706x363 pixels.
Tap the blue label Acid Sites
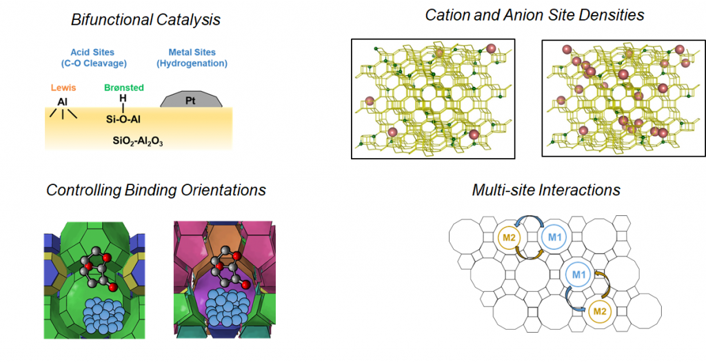point(94,52)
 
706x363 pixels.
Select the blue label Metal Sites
point(192,52)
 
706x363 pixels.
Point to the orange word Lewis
point(63,88)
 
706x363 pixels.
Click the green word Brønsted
point(124,88)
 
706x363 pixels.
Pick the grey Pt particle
point(192,99)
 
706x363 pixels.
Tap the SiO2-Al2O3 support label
point(138,141)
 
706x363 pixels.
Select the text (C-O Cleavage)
point(94,63)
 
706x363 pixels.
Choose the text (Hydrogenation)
point(192,63)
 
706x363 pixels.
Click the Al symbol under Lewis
point(62,102)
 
